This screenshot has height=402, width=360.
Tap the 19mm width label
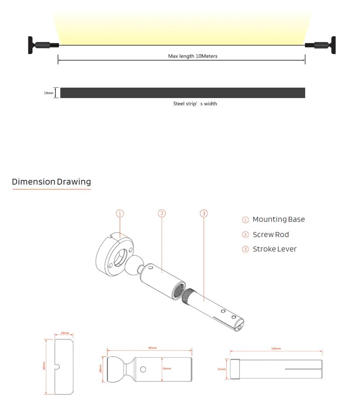(x=49, y=93)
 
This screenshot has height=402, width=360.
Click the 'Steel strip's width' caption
(x=195, y=103)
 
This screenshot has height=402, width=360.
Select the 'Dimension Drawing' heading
(x=51, y=182)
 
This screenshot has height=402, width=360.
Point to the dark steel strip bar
(x=182, y=93)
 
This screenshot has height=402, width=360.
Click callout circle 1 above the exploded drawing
(x=120, y=213)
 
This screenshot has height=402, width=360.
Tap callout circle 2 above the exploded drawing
(x=162, y=213)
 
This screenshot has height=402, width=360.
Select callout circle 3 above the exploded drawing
(x=203, y=213)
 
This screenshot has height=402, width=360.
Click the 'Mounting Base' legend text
(x=279, y=219)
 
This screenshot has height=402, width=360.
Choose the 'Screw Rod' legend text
(x=271, y=234)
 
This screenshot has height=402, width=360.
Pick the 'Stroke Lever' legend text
(x=274, y=249)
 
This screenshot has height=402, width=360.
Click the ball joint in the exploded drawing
(x=133, y=264)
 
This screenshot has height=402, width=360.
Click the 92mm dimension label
(x=153, y=348)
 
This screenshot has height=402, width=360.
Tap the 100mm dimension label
(x=276, y=349)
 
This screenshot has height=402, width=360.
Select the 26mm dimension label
(x=166, y=369)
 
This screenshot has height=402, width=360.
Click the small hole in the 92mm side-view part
(x=143, y=370)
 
